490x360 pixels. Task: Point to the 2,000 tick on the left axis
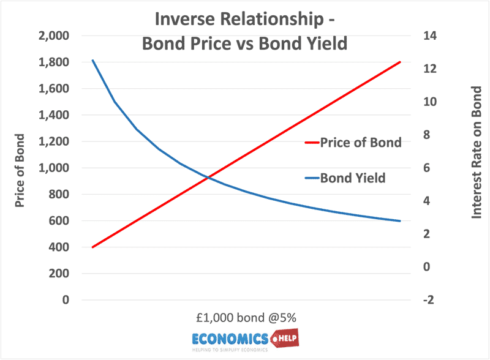(54, 36)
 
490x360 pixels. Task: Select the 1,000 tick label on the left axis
(54, 168)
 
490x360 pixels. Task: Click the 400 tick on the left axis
(59, 247)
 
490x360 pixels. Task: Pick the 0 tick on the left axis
(66, 300)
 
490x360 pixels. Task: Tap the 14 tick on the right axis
(430, 36)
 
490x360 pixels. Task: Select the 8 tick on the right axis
(426, 135)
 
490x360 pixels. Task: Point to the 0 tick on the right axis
(426, 267)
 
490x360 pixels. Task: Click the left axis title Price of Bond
(20, 171)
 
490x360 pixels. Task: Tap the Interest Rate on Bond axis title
(477, 152)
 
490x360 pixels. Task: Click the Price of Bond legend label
(361, 143)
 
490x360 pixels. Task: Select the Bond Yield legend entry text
(353, 178)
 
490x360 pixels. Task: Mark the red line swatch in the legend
(312, 143)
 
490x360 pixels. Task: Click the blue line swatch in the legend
(312, 178)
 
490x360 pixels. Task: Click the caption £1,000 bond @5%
(246, 318)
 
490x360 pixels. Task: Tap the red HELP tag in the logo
(285, 338)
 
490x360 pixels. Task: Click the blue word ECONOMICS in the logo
(230, 339)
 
